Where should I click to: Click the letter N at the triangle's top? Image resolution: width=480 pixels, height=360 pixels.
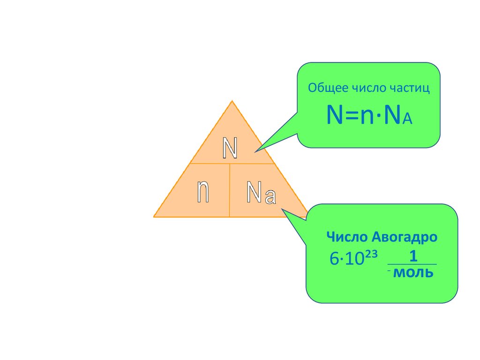point(230,148)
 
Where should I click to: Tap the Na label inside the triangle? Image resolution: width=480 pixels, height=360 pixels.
point(261,193)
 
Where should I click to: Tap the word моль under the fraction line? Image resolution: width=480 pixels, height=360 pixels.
point(413,273)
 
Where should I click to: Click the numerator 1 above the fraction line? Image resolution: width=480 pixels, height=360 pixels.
point(413,256)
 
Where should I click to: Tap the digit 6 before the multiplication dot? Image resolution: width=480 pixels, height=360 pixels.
point(334,259)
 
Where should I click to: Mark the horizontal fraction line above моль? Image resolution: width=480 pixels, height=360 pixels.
point(413,265)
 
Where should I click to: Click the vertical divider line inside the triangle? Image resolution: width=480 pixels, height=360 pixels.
point(230,190)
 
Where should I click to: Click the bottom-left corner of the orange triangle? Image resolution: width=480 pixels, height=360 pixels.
point(154,217)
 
